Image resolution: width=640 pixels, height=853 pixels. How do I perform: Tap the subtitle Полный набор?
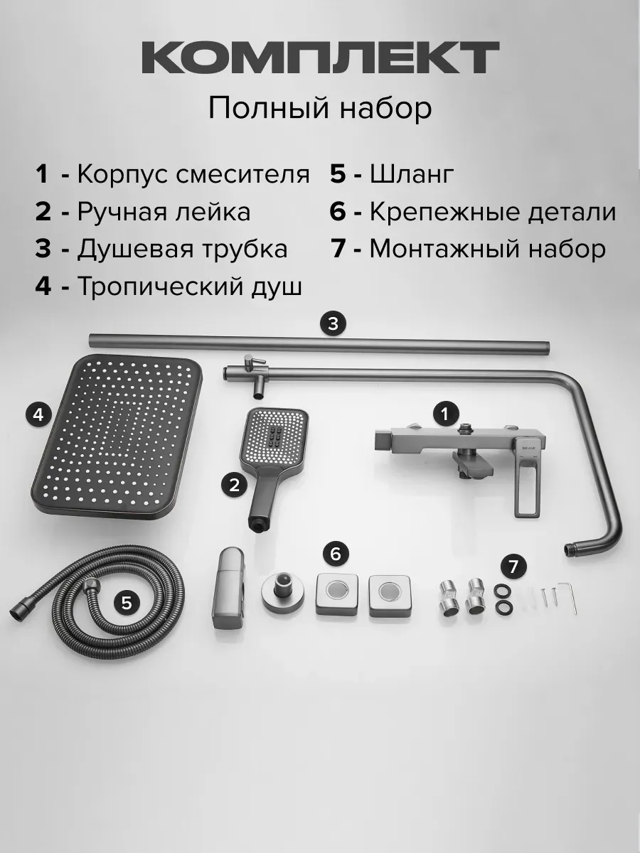tap(320, 109)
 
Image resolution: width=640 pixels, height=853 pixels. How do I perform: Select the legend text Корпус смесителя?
tap(193, 174)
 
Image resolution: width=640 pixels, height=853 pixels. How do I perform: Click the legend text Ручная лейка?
tap(163, 212)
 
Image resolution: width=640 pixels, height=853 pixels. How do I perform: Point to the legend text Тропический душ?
tap(189, 286)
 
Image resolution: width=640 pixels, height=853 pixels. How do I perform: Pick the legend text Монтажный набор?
tap(488, 250)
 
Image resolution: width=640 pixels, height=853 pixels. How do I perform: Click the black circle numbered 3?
tap(332, 324)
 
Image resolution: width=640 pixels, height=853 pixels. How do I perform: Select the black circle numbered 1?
tap(445, 413)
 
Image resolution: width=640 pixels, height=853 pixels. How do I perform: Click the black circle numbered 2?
tap(234, 485)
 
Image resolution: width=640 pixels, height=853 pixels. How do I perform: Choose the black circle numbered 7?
tap(513, 567)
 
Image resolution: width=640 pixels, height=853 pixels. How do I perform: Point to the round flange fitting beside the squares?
tap(279, 591)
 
